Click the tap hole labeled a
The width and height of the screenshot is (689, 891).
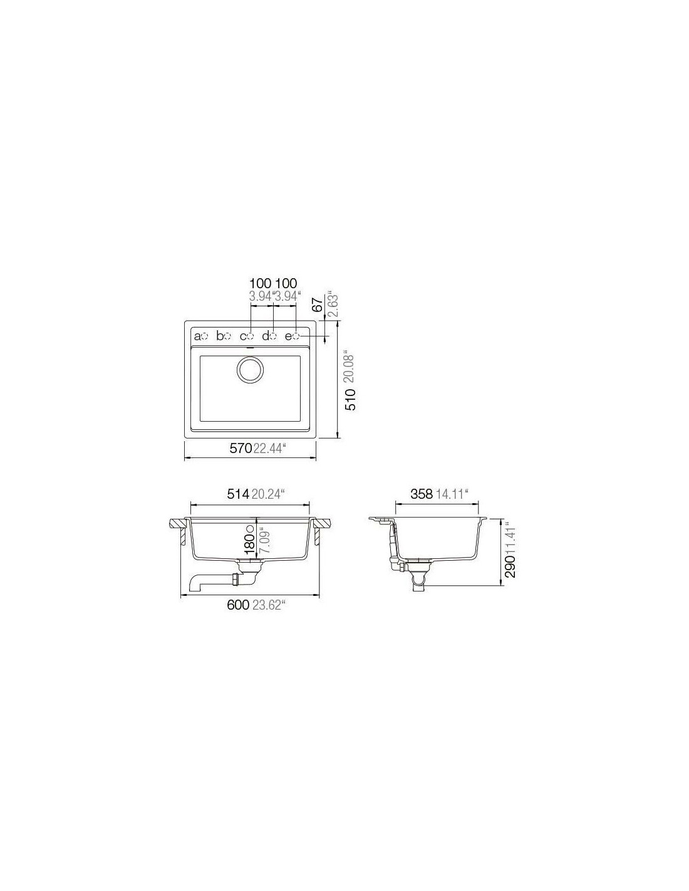click(205, 336)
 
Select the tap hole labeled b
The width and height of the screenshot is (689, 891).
click(227, 336)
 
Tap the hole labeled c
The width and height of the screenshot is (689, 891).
click(251, 336)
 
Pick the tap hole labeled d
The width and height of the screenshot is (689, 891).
click(273, 336)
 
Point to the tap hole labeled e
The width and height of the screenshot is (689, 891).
click(296, 336)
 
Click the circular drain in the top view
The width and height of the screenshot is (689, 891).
click(249, 370)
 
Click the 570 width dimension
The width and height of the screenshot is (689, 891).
click(240, 449)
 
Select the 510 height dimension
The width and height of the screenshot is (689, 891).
click(351, 400)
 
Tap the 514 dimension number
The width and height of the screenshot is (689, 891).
click(238, 494)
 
